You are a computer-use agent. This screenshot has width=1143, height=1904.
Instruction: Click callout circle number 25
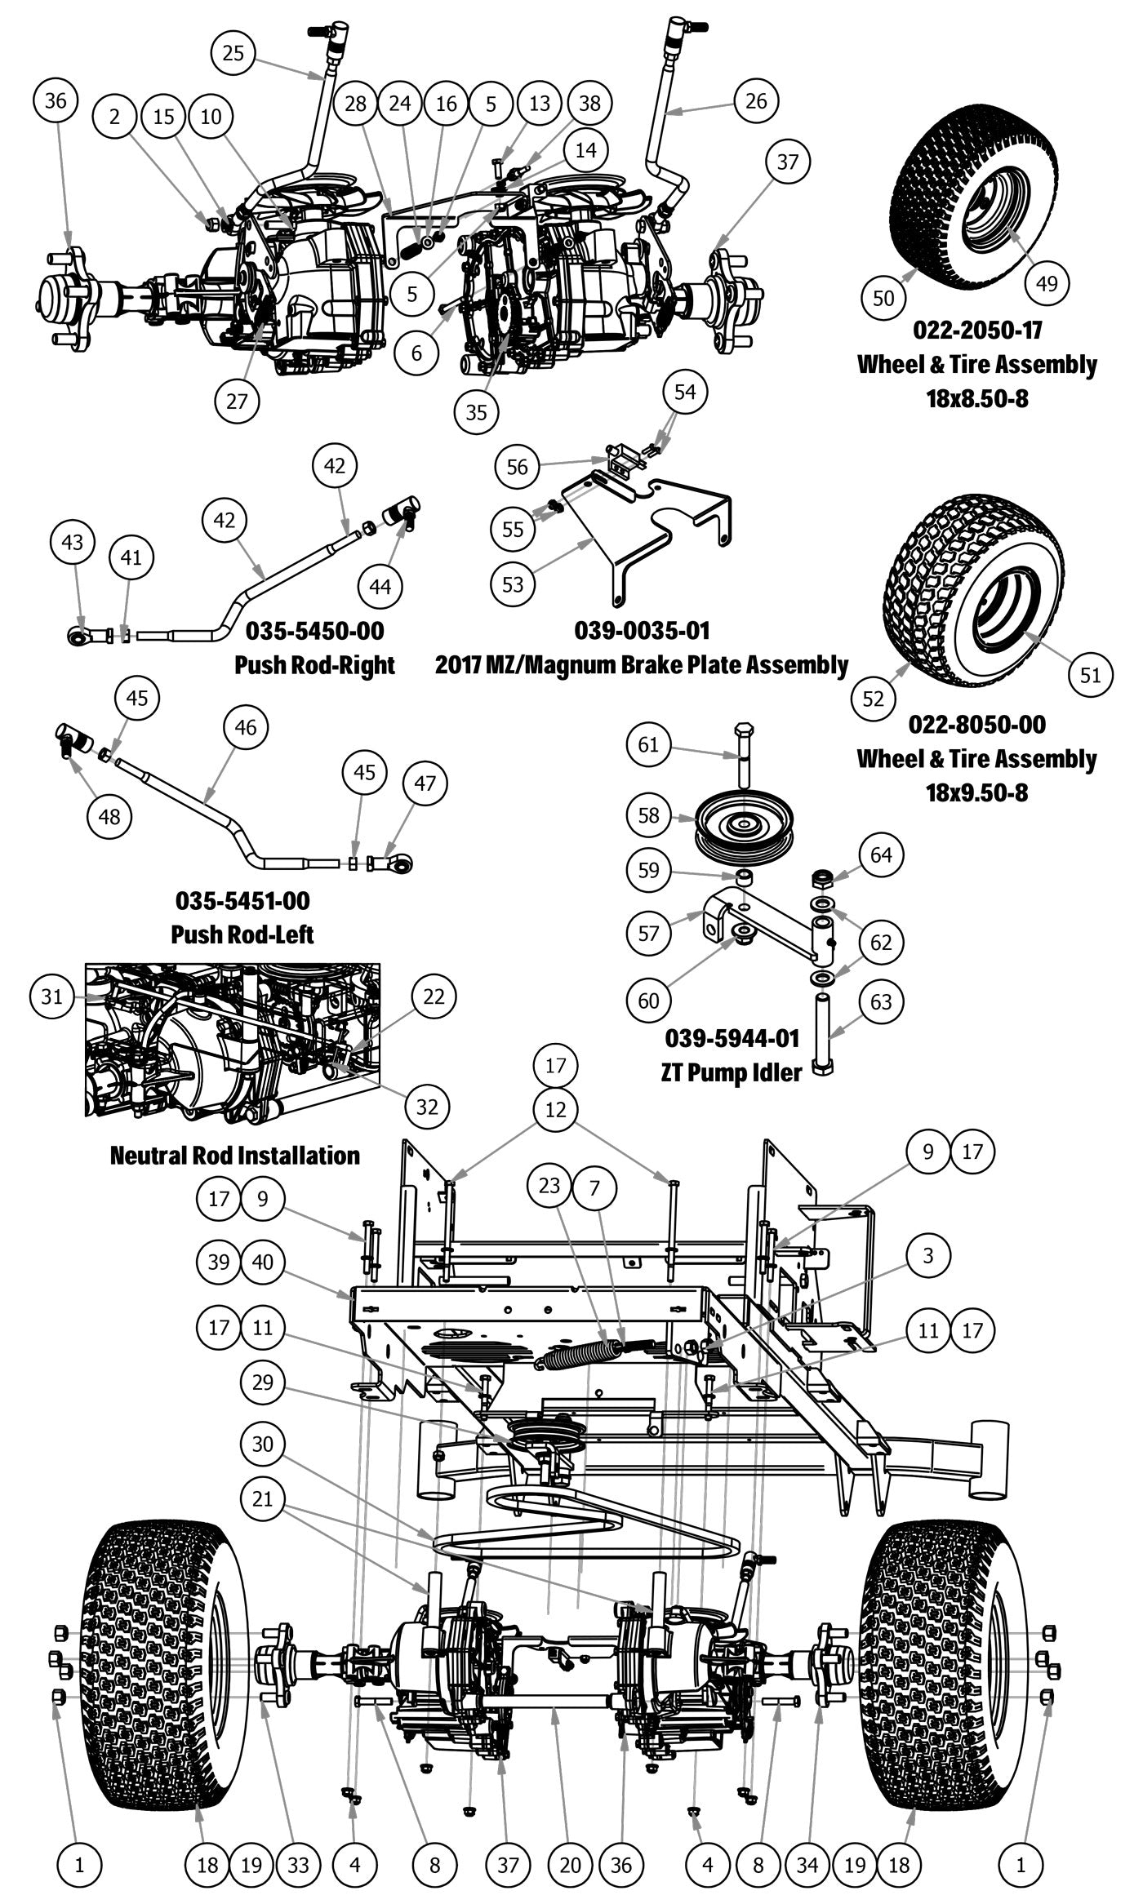pos(233,52)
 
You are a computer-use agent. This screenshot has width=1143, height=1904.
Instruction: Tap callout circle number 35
pos(476,412)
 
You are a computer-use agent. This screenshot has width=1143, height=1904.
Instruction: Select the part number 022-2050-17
pos(976,331)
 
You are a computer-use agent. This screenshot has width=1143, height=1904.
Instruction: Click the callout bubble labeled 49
pos(1046,283)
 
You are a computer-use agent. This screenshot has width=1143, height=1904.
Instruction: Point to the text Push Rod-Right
pos(314,665)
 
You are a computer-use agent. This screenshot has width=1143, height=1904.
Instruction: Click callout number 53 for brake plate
pos(513,584)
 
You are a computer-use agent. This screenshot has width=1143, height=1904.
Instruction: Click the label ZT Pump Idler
pos(732,1072)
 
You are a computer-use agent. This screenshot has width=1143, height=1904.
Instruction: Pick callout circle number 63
pos(881,1001)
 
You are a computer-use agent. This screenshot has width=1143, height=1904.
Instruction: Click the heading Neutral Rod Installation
pos(234,1156)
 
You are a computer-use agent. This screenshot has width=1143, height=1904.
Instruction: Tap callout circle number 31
pos(52,996)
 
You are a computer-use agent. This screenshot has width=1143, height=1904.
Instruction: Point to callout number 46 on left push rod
pos(245,727)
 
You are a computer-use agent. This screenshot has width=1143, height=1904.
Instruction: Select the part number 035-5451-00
pos(242,901)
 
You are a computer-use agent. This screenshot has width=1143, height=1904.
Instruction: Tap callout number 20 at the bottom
pos(571,1865)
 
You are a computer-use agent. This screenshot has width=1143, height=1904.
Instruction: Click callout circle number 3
pos(927,1255)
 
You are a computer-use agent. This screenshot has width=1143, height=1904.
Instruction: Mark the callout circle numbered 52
pos(874,699)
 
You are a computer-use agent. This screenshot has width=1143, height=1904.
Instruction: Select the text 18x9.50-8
pos(976,792)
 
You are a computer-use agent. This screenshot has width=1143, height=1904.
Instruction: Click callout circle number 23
pos(549,1184)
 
